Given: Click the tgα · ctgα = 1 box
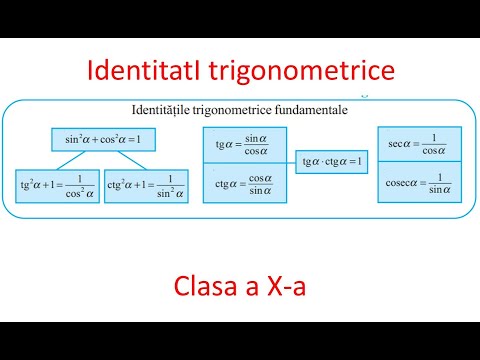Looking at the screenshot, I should [x=331, y=161].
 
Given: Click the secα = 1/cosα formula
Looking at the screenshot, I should [x=419, y=143].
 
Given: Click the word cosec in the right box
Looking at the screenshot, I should [x=396, y=185].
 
